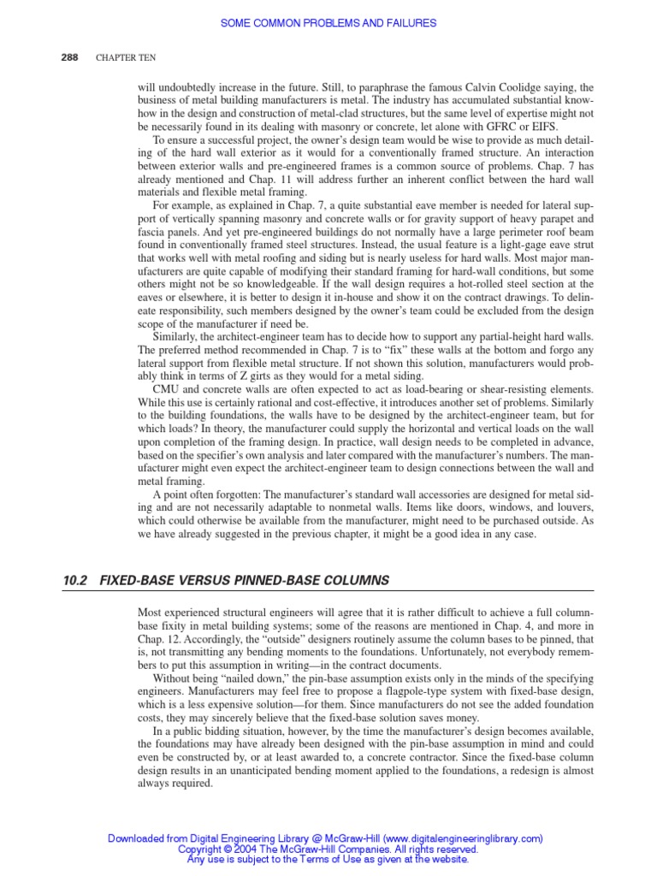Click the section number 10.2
pos(74,581)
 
